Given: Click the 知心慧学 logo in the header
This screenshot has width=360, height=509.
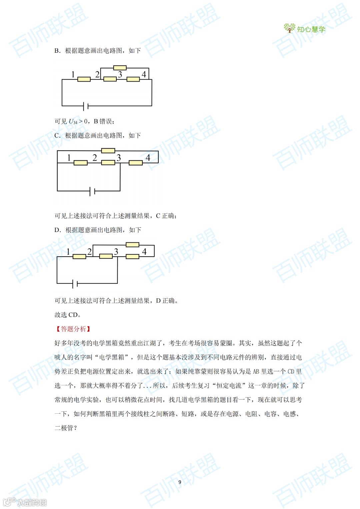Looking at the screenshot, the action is [x=304, y=29].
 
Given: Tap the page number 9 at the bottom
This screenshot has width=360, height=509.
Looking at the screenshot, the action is [x=180, y=482].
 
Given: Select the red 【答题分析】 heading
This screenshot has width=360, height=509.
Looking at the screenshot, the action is [x=73, y=329].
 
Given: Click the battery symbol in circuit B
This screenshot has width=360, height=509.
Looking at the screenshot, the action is [x=86, y=106].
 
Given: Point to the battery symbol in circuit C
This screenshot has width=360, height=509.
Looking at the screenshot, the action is [x=92, y=191].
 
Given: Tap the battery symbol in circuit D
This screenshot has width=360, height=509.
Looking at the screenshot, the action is [x=75, y=284].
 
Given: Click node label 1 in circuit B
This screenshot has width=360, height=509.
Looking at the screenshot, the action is [x=73, y=74].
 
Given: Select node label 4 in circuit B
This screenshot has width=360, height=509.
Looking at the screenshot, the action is [x=144, y=74].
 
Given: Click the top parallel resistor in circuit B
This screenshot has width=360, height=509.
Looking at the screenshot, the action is [x=120, y=68].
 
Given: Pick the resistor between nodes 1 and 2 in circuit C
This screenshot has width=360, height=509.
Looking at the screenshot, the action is [x=80, y=163].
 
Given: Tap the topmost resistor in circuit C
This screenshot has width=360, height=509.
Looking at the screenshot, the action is [x=108, y=151].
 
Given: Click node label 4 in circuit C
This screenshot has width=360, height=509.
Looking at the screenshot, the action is [x=148, y=158].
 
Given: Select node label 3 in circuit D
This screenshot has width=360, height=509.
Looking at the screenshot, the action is [x=116, y=252].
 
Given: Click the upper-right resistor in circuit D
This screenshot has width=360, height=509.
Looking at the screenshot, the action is [x=132, y=245].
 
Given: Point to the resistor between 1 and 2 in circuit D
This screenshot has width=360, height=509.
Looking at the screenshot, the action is [x=79, y=257].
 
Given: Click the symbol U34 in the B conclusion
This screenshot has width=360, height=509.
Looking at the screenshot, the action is [x=73, y=122].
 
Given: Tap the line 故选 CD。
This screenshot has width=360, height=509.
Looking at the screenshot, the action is [x=68, y=315].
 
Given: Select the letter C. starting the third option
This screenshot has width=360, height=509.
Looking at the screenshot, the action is [x=57, y=136].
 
